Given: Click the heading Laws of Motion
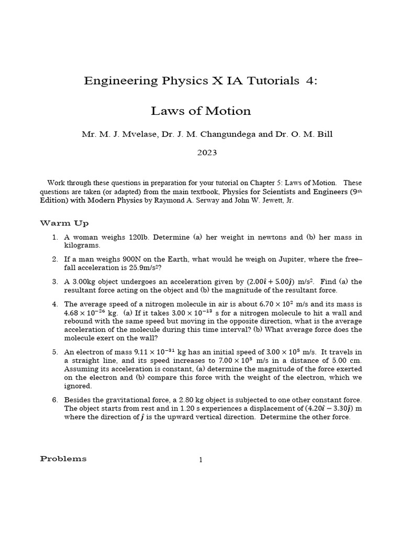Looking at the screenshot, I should coord(201,111).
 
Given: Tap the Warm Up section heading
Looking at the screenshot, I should coord(64,223).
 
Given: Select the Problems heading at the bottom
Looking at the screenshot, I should coord(63,459).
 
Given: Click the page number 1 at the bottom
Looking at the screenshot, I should coord(200,460).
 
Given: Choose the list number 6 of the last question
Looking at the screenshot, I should coord(54,400).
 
